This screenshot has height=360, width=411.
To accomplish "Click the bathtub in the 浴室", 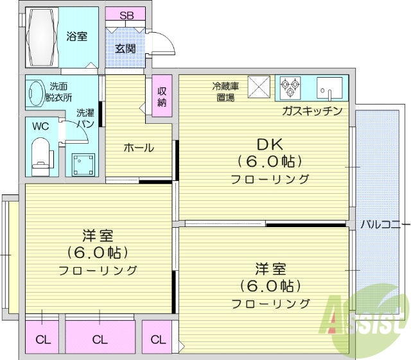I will [x=42, y=37].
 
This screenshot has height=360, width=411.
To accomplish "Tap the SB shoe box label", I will [x=126, y=15].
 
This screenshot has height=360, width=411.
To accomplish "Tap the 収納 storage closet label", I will [x=161, y=97].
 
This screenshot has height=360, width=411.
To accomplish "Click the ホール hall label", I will [x=139, y=148].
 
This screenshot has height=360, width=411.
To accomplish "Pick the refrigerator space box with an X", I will [x=260, y=87].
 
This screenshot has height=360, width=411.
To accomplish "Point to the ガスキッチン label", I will [x=312, y=111].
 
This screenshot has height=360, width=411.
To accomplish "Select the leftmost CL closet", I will [x=43, y=339].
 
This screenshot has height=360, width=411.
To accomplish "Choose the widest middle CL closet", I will [x=100, y=339].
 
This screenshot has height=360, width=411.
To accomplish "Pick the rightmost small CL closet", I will [x=157, y=339].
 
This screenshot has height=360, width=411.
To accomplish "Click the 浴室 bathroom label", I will [x=77, y=37].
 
